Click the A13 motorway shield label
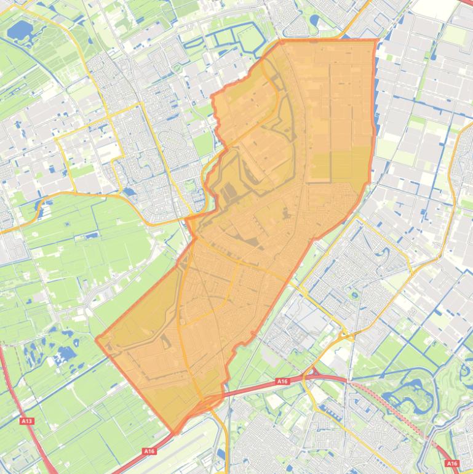(26, 421)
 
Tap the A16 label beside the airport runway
(149, 451)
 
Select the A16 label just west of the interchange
(282, 382)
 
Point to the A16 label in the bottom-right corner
(452, 463)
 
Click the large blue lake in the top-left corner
(20, 29)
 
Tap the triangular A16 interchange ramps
(313, 373)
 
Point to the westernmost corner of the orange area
(97, 338)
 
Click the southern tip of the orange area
(175, 433)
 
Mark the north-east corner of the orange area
(375, 41)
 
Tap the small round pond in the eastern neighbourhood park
(354, 295)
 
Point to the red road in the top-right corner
(464, 2)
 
